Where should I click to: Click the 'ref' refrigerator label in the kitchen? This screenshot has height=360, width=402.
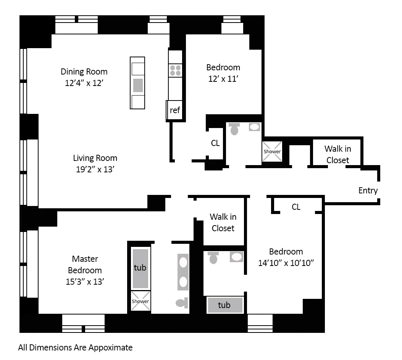tap(175, 110)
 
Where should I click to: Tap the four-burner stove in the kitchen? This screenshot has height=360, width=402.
tap(176, 70)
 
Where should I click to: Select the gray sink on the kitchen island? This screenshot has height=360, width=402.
tap(138, 85)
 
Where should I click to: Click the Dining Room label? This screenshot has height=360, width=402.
tap(84, 71)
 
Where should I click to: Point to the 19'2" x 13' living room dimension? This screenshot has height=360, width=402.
tap(95, 169)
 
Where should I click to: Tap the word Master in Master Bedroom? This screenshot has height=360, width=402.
tap(85, 259)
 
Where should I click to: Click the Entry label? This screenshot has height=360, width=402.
tap(368, 190)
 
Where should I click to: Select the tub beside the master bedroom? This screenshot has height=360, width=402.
tap(140, 268)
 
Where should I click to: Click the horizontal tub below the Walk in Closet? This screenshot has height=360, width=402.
tap(224, 305)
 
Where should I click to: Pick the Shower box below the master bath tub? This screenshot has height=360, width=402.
tap(140, 301)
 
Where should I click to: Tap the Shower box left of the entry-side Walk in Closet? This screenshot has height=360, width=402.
tap(272, 151)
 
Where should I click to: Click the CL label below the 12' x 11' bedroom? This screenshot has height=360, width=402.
tap(215, 143)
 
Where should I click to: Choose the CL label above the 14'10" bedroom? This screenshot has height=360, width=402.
tap(296, 207)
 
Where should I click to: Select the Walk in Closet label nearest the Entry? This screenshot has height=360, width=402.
tap(337, 154)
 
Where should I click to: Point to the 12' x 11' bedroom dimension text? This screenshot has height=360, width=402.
tap(223, 79)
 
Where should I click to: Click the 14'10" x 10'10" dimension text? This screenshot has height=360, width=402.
tap(286, 263)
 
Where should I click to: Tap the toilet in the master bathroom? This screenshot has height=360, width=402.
tap(182, 303)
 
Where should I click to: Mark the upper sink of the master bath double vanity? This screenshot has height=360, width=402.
tap(183, 263)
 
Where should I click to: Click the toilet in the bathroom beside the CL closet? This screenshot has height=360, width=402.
tap(234, 129)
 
